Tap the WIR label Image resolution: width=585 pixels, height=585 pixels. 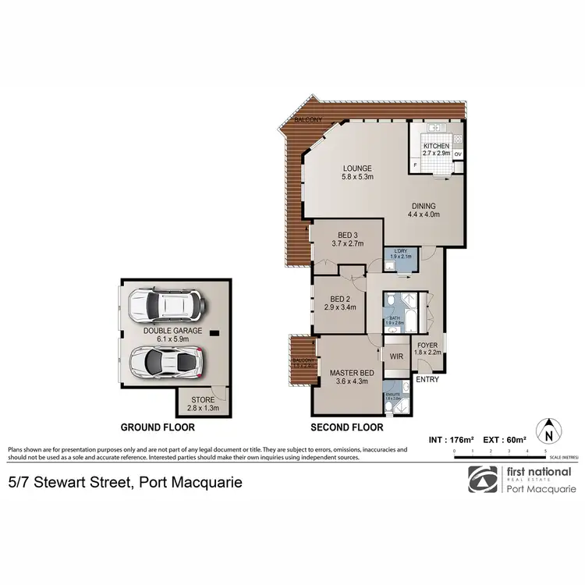(395, 356)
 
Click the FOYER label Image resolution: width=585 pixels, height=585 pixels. (428, 348)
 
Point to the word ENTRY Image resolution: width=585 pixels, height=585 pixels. (427, 380)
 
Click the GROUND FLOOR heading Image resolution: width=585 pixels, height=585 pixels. (157, 427)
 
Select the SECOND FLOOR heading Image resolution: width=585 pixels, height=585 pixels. (346, 427)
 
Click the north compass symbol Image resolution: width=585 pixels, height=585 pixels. (549, 430)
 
